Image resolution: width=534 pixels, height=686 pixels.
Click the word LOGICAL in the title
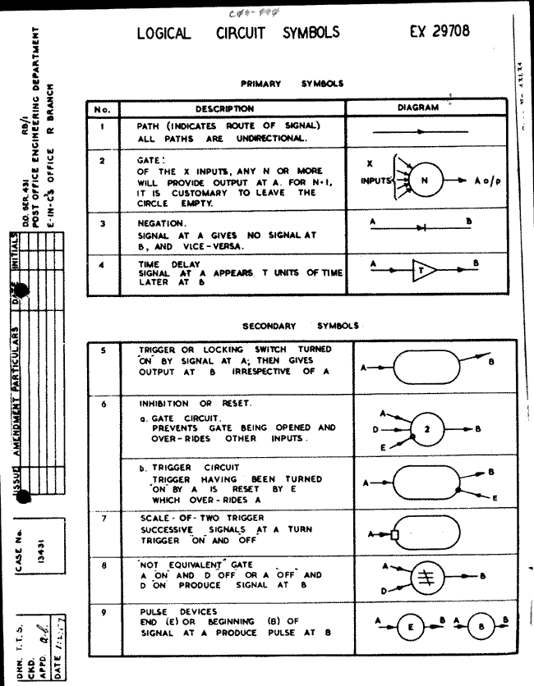click(163, 34)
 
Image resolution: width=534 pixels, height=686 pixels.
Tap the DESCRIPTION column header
click(224, 108)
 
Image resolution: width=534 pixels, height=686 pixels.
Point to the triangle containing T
click(425, 272)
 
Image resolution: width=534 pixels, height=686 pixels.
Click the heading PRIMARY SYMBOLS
click(292, 83)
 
